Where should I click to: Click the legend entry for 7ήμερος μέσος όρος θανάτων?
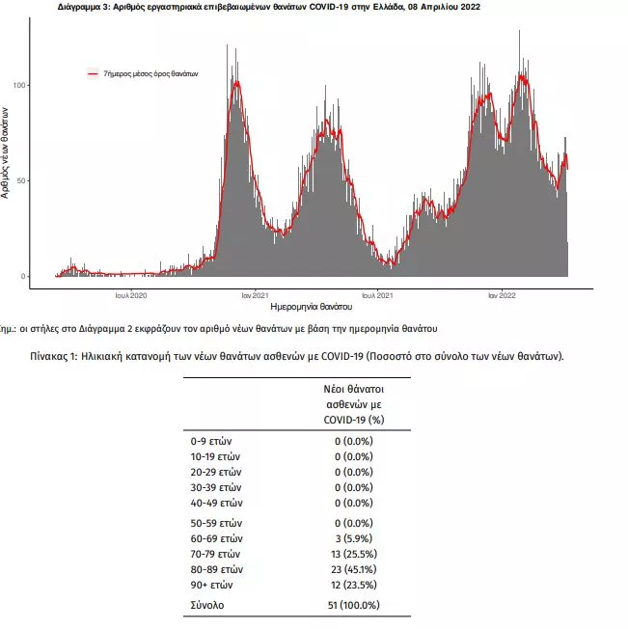[150, 73]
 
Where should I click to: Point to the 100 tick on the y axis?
[18, 86]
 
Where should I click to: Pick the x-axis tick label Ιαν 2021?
[254, 295]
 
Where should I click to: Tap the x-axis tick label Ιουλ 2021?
[375, 295]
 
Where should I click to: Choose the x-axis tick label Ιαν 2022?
[500, 295]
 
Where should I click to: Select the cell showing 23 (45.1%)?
[353, 569]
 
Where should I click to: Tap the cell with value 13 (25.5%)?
[353, 554]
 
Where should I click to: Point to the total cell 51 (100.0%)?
[353, 605]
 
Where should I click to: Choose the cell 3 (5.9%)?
[353, 538]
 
